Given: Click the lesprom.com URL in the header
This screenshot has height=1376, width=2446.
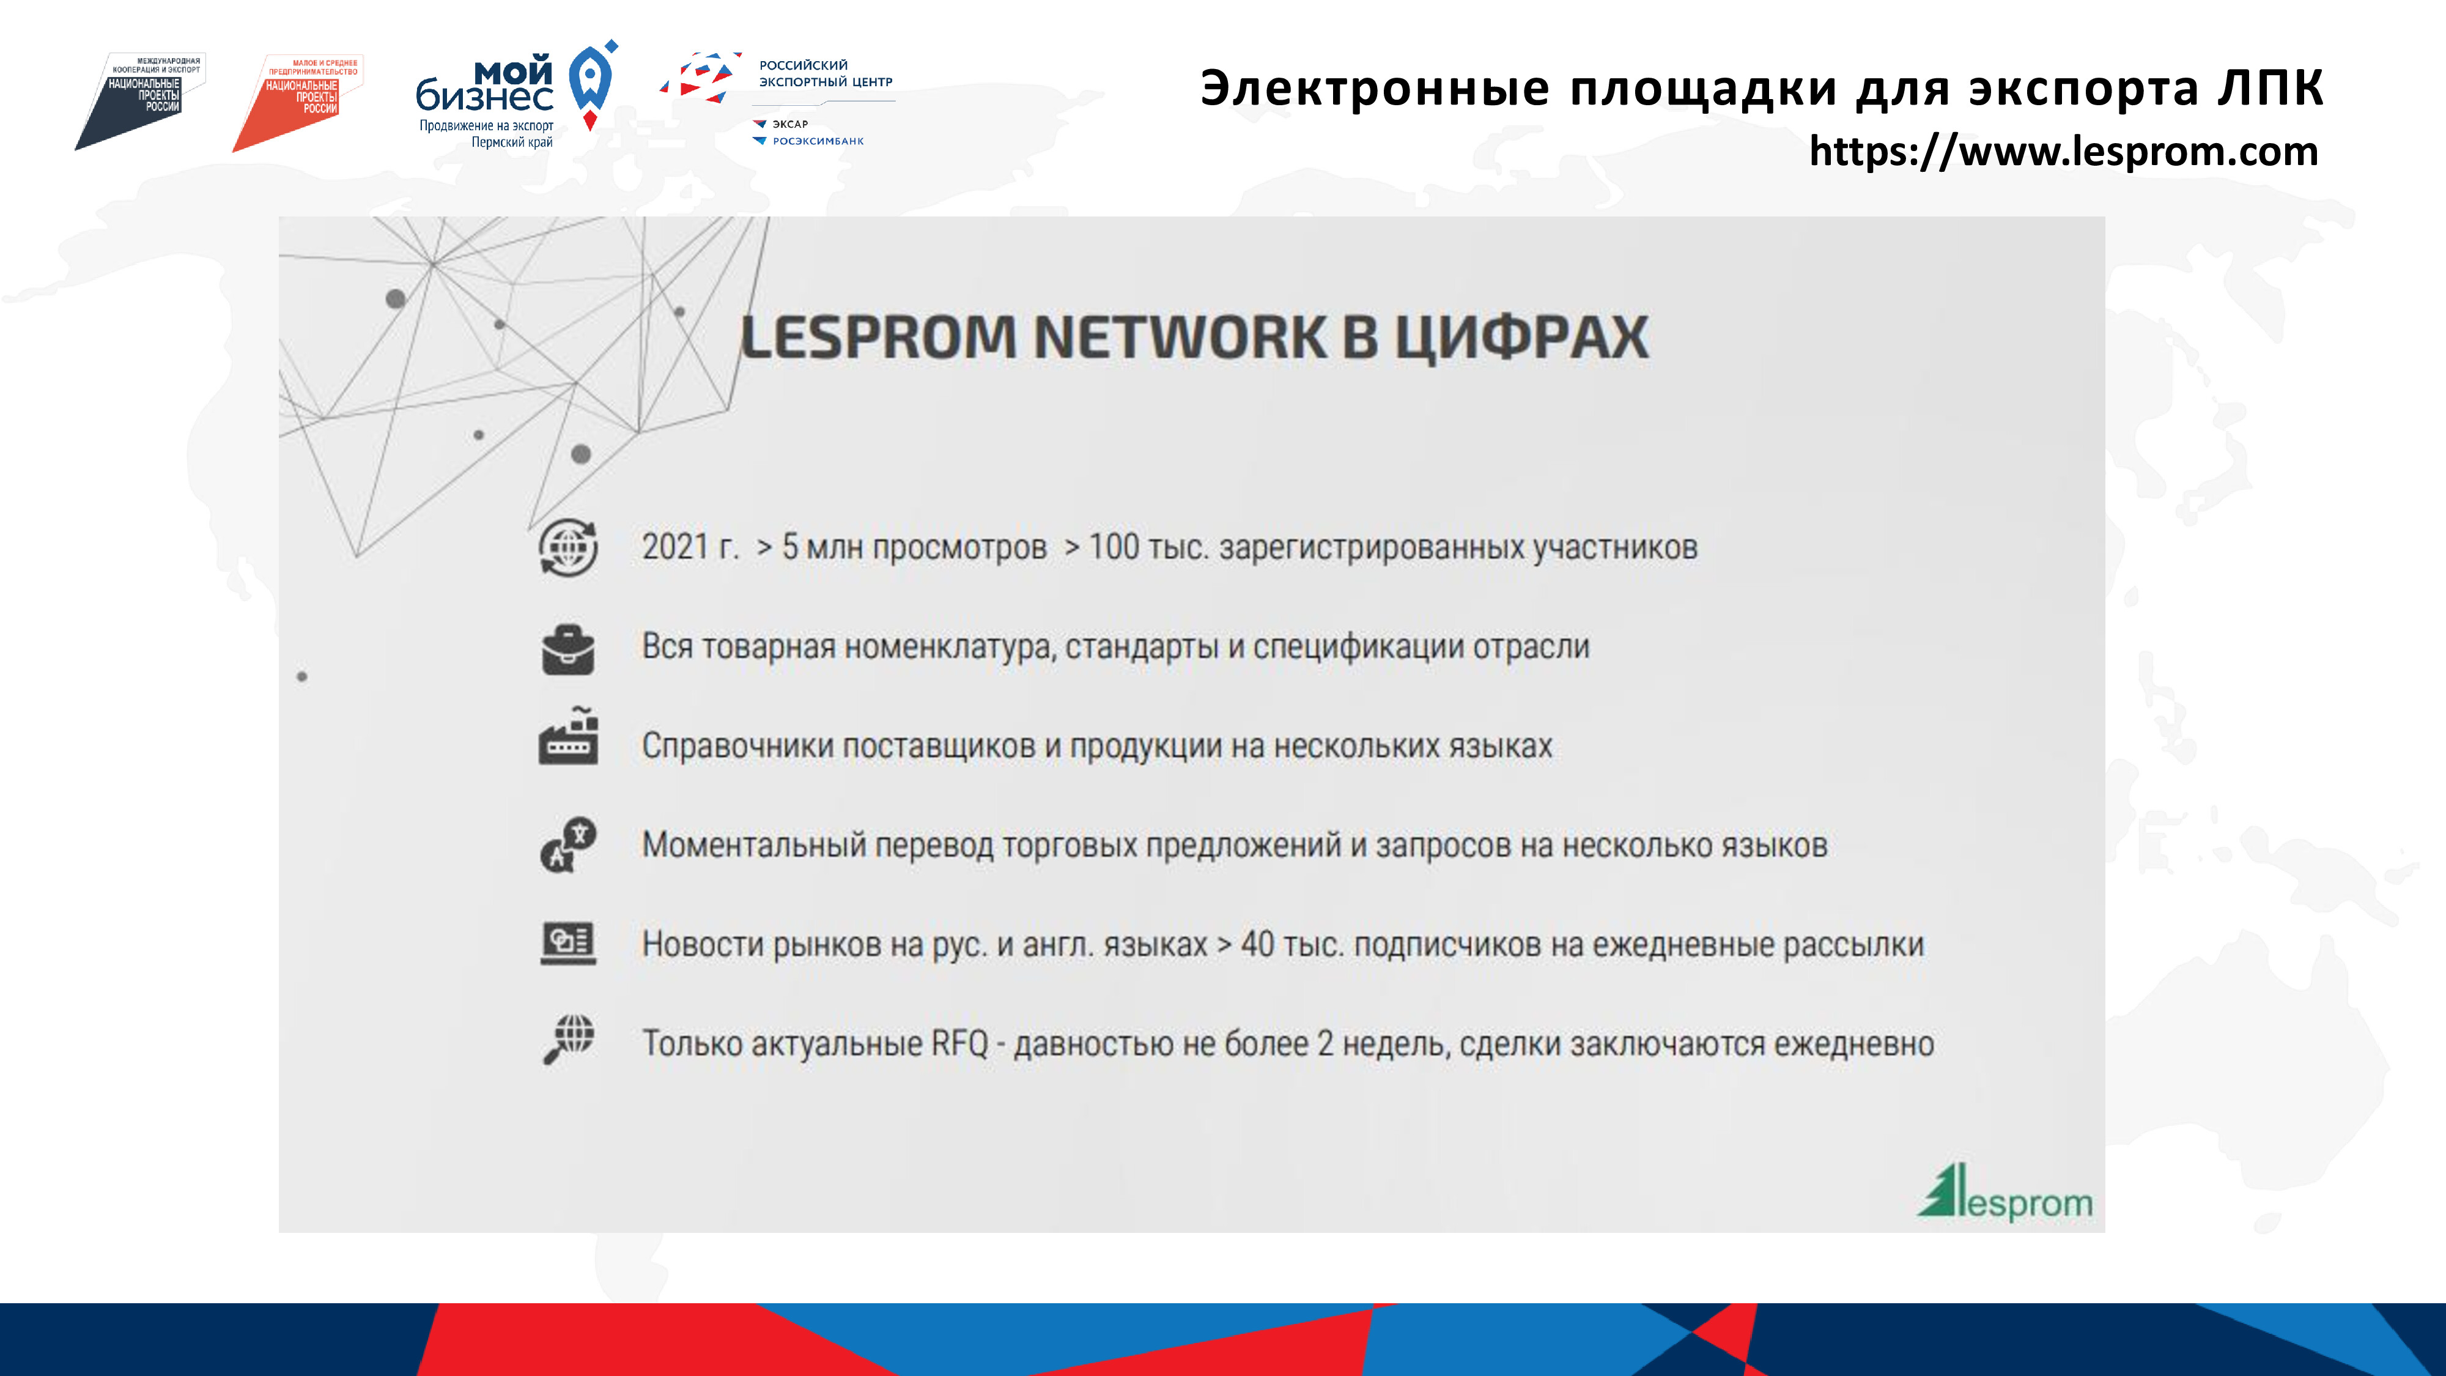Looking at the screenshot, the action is [x=2063, y=152].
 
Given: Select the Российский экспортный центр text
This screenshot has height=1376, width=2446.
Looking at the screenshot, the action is [x=825, y=73].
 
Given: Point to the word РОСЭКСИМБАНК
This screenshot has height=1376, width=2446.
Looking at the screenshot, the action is [x=818, y=141].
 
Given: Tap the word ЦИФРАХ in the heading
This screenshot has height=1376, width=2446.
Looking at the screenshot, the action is [x=1521, y=338].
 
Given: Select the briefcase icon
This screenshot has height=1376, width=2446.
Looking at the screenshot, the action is [x=568, y=649].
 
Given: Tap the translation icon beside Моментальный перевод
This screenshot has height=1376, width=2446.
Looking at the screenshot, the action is [x=568, y=844].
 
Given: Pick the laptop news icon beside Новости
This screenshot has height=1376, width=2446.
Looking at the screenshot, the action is [x=568, y=943].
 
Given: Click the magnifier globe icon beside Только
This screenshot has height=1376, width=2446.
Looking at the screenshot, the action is [x=568, y=1040].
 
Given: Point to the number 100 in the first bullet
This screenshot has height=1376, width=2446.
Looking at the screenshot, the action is [x=1113, y=547].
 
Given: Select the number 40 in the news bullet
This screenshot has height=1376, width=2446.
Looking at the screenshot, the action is [x=1257, y=944].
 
